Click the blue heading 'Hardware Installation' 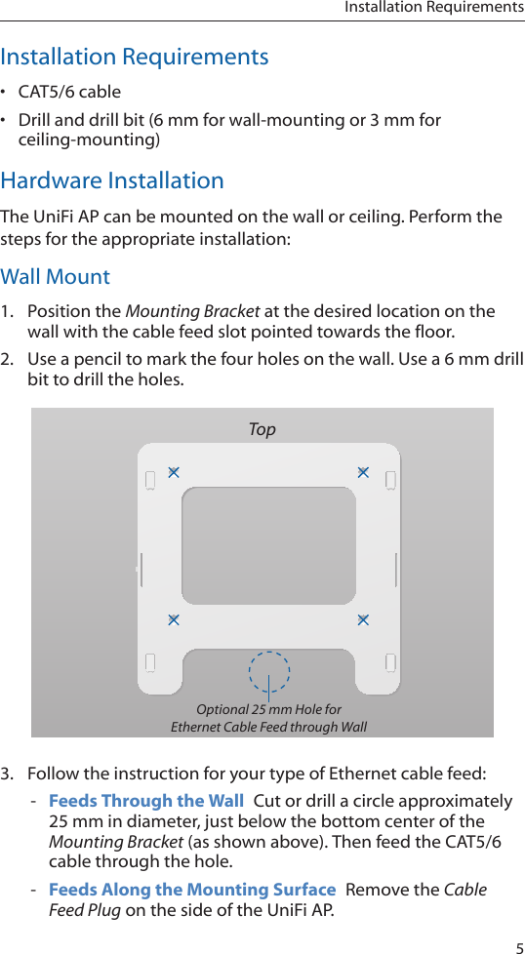tap(112, 180)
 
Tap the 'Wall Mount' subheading tap(56, 276)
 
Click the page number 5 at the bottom tap(518, 943)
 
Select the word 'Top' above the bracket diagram tap(262, 429)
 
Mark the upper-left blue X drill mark tap(173, 472)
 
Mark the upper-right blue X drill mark tap(363, 472)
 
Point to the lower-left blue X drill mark tap(173, 619)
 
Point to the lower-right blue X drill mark tap(363, 619)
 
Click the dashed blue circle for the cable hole tap(269, 672)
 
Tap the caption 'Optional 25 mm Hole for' tap(269, 709)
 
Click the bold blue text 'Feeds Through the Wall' tap(146, 801)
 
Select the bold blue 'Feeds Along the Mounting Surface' tap(192, 889)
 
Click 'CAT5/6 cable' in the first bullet tap(70, 92)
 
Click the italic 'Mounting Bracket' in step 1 tap(190, 311)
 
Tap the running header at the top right tap(433, 8)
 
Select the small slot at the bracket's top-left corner tap(150, 481)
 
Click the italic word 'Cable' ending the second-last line tap(464, 889)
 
